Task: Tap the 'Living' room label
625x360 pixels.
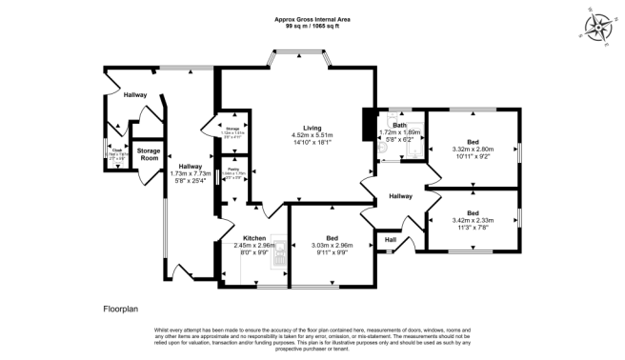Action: [x=312, y=128]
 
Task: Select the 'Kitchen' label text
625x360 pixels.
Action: [x=254, y=237]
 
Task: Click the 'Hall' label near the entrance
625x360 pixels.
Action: [x=389, y=239]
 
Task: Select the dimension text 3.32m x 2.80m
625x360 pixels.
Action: [x=472, y=149]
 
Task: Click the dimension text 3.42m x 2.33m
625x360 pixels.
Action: [x=474, y=221]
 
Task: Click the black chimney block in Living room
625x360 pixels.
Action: [x=367, y=125]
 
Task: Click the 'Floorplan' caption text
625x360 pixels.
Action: [x=123, y=310]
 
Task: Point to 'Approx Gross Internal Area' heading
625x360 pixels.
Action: [x=312, y=18]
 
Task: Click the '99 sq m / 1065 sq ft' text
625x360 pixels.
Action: [x=312, y=26]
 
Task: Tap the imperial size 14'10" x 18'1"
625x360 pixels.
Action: [x=312, y=143]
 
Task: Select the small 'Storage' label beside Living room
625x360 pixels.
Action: [x=232, y=129]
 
